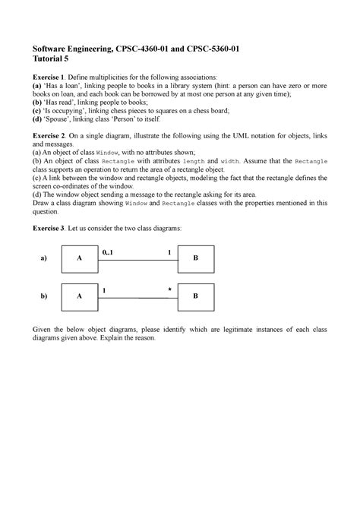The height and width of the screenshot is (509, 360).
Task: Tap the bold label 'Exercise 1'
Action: pyautogui.click(x=48, y=77)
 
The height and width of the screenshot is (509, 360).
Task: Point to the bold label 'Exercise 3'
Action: pyautogui.click(x=48, y=228)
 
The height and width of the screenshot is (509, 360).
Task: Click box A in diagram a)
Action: pyautogui.click(x=79, y=258)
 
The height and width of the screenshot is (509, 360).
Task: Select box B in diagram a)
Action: pyautogui.click(x=195, y=258)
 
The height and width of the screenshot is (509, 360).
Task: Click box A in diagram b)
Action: pyautogui.click(x=79, y=296)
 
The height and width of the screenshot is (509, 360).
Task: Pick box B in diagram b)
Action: pyautogui.click(x=195, y=296)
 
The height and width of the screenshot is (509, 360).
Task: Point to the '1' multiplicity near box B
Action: pyautogui.click(x=169, y=251)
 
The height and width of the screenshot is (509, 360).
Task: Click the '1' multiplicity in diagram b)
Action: pyautogui.click(x=104, y=289)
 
